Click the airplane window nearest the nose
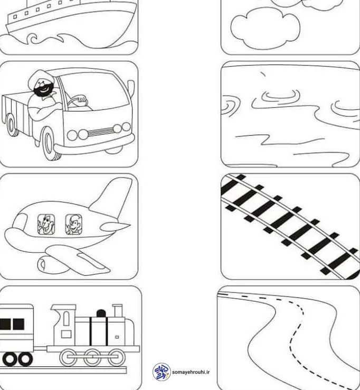[x=46, y=225]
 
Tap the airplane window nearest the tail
[x=74, y=225]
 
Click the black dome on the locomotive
[x=101, y=313]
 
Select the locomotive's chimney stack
[x=117, y=310]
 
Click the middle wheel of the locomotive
[x=92, y=357]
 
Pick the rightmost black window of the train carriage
[x=18, y=324]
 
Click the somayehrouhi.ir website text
[x=191, y=372]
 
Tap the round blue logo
[x=162, y=372]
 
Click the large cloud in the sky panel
[x=266, y=28]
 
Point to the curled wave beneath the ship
[x=33, y=39]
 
